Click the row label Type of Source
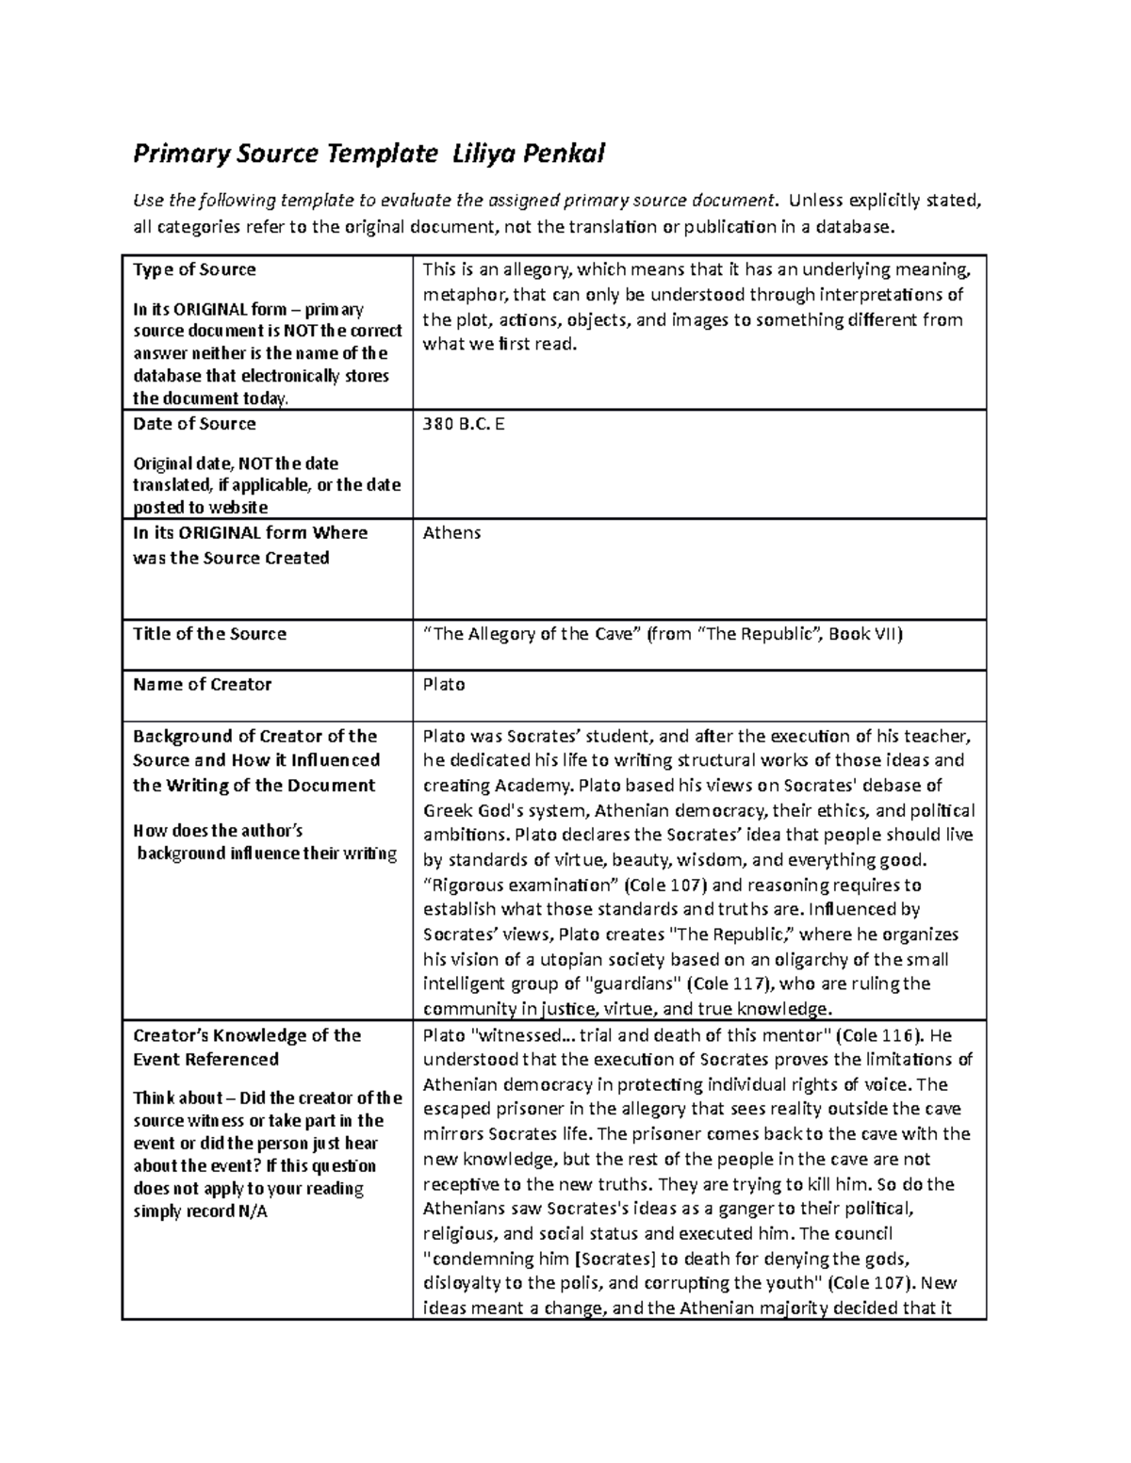(x=194, y=269)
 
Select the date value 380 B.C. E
(x=464, y=424)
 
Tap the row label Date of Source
(x=194, y=424)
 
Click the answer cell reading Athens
(x=451, y=532)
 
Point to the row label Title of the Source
(x=209, y=634)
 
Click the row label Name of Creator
(x=202, y=685)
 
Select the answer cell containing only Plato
(x=444, y=685)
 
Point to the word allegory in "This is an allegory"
(x=533, y=270)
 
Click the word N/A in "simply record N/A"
(x=254, y=1211)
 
